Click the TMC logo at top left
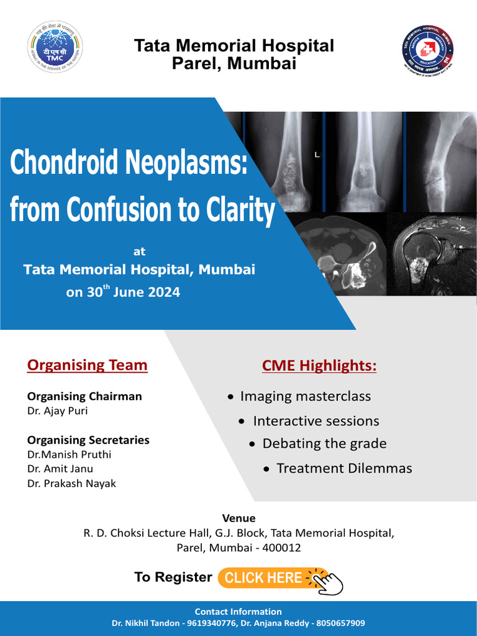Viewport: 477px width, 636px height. coord(55,46)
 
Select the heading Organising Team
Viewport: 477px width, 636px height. coord(87,365)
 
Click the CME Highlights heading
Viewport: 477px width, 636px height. coord(319,366)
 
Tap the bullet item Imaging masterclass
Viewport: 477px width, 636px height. coord(305,396)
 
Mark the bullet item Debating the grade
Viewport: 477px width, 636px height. coord(324,443)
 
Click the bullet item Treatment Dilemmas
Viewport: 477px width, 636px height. coord(344,468)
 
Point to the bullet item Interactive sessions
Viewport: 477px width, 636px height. coord(316,421)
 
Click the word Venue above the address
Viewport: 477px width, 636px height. coord(238,518)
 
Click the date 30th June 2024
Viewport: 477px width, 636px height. coord(132,291)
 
